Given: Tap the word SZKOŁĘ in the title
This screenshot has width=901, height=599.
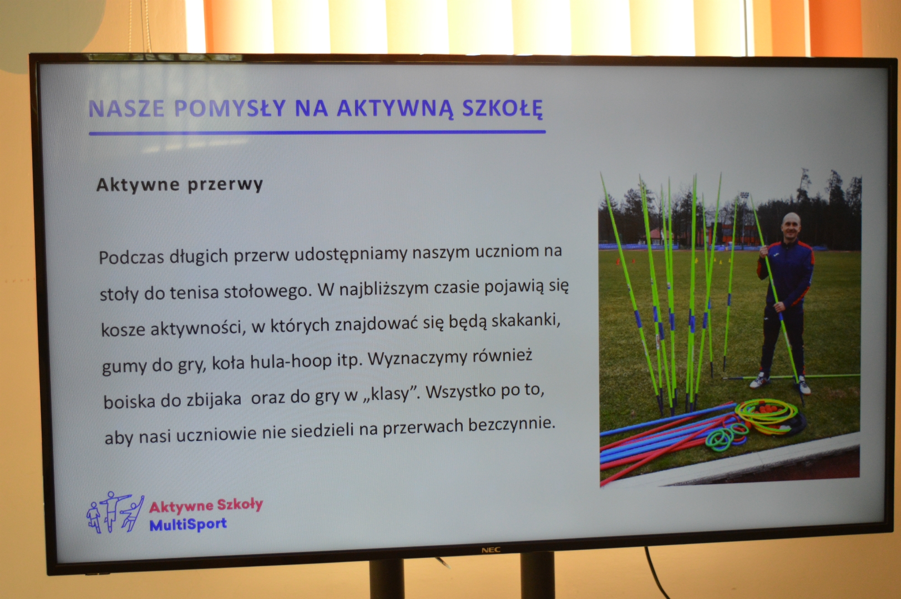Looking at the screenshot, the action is pos(503,109).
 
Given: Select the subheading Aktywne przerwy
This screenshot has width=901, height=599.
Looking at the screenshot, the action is pos(180,185).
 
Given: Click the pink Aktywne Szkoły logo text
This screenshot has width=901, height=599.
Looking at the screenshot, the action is pos(206,506).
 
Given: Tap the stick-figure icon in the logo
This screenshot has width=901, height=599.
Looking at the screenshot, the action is pos(115,512).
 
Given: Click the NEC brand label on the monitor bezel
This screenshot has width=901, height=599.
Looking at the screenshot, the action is pos(490,550).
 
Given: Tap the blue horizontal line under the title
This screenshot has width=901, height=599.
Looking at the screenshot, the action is pos(317,132).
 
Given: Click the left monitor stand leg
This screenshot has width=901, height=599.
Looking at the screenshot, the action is pos(387,580).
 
